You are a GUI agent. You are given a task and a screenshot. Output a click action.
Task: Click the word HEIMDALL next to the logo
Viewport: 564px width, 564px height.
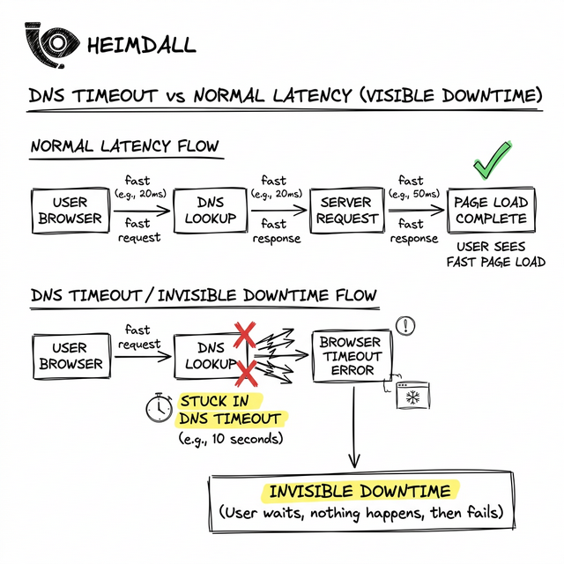(142, 44)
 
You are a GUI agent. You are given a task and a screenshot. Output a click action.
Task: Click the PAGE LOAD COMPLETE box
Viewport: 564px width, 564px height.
(491, 210)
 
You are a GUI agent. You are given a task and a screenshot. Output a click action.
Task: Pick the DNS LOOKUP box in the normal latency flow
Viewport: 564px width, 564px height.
(204, 210)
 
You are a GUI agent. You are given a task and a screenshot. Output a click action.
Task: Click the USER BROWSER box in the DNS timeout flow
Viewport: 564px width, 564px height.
(70, 355)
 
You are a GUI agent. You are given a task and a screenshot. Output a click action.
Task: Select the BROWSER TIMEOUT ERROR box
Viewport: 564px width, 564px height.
(351, 355)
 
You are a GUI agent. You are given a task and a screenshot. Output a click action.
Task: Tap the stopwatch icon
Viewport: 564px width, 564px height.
(159, 407)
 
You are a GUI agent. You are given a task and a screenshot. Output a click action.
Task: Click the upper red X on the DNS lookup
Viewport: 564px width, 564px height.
(244, 333)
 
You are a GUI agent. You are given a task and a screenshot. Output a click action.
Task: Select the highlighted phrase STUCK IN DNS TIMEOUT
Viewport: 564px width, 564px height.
(231, 409)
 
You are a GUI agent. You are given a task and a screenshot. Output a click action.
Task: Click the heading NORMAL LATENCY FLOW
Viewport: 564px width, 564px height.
(125, 146)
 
